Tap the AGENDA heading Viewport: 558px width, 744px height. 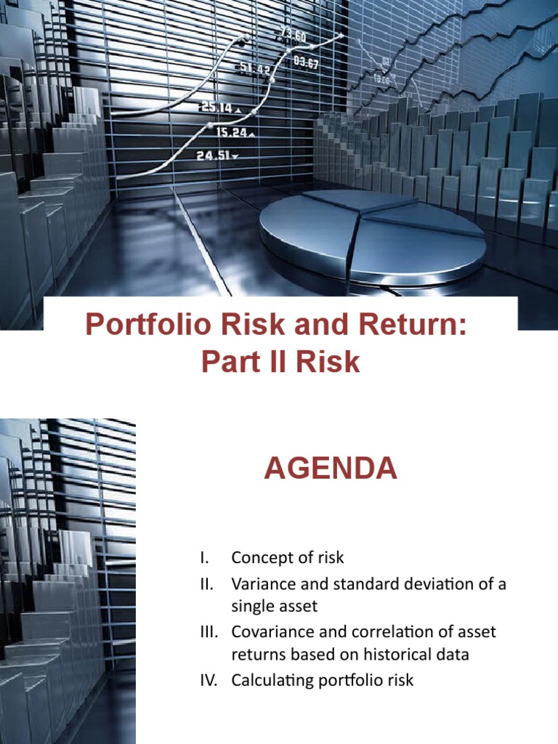tap(331, 469)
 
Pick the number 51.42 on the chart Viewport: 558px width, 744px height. tap(255, 68)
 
